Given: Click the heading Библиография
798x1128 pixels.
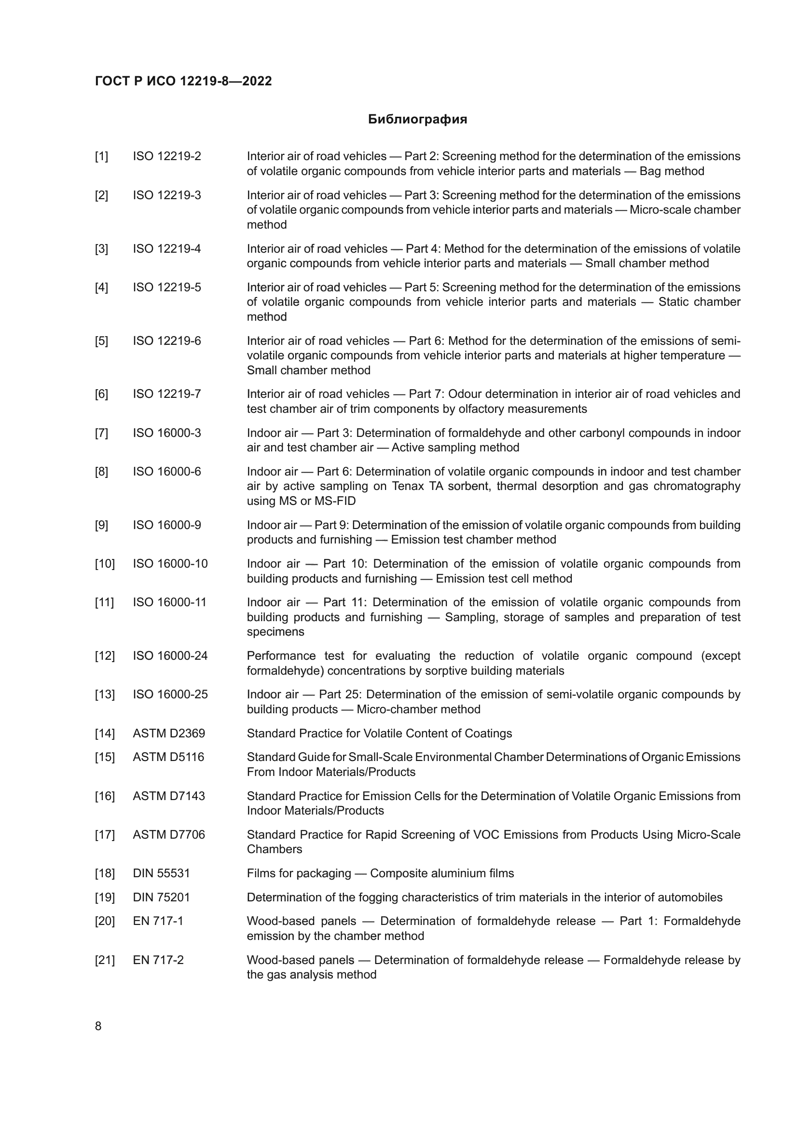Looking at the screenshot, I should coord(417,120).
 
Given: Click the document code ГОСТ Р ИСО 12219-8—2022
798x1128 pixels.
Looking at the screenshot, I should coord(183,81).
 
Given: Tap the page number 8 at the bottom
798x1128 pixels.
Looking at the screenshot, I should coord(98,1026).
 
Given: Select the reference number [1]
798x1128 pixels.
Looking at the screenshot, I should coord(101,156).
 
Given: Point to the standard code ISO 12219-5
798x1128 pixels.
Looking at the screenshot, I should coord(166,287).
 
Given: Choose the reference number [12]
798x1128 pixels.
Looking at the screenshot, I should coord(105,656).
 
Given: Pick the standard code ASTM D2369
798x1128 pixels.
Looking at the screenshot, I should coord(168,734).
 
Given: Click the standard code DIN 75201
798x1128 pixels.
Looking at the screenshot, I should coord(161,897).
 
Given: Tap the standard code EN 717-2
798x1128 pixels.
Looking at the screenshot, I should coord(158,960).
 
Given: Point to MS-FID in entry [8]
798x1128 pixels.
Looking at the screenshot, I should coord(331,501).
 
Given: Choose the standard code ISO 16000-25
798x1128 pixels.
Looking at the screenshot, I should coord(170,694).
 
